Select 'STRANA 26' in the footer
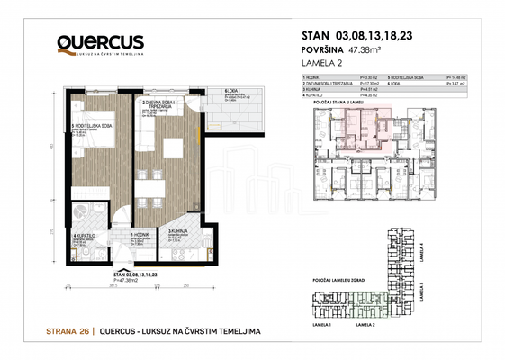68,333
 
